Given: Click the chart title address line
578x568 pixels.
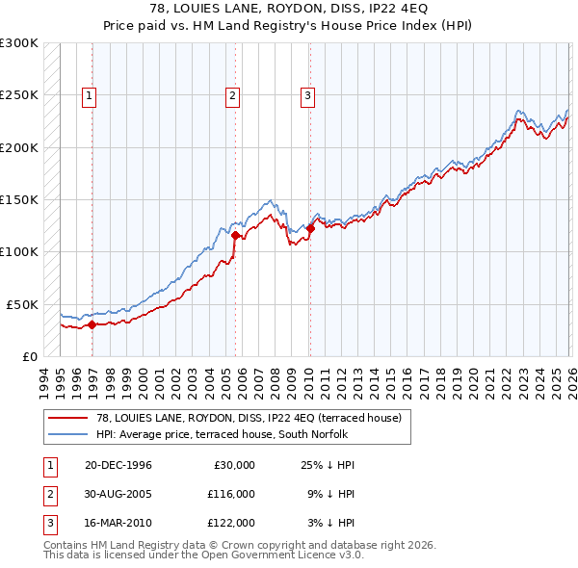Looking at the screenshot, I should point(289,9).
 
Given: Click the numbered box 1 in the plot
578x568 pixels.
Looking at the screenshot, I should point(90,95).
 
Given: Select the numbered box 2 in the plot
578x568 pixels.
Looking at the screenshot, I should point(233,95).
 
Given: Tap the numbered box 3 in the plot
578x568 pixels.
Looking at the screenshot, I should point(307,95).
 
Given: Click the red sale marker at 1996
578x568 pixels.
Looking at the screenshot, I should point(92,324).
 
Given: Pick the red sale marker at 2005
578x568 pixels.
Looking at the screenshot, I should point(236,235).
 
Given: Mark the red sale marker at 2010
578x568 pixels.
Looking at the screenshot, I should point(310,228).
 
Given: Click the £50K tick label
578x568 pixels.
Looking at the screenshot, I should point(23,304).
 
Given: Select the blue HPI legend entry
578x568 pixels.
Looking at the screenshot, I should point(227,434).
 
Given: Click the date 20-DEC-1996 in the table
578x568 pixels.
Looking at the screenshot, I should point(118,465).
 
